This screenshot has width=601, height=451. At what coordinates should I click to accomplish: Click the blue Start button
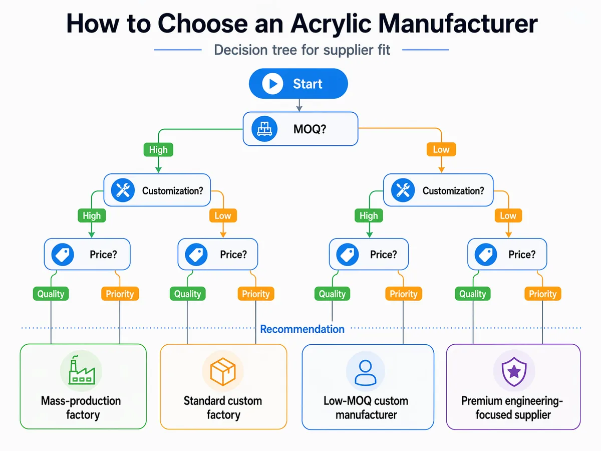tap(298, 83)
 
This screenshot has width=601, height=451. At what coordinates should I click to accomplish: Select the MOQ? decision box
tap(300, 129)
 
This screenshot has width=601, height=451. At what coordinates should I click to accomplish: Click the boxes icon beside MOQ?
tap(263, 129)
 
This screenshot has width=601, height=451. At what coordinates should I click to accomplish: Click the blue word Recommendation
tap(302, 329)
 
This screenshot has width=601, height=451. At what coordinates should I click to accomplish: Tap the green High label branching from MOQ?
tap(158, 149)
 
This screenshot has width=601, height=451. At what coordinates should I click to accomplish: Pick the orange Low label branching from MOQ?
tap(441, 149)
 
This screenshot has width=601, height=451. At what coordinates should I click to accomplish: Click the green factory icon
tap(81, 371)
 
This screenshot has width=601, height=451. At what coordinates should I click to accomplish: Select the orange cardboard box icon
tap(222, 371)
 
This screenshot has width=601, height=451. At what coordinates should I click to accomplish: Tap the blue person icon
tap(366, 370)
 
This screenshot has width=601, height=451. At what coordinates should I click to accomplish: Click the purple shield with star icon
tap(513, 371)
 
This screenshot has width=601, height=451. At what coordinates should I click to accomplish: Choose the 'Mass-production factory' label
tap(81, 408)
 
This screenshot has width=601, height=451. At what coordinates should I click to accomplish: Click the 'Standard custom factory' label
tap(223, 408)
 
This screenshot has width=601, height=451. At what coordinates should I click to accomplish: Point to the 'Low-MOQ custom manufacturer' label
tap(366, 408)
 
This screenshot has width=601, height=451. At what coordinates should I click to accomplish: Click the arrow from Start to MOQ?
tap(299, 105)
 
